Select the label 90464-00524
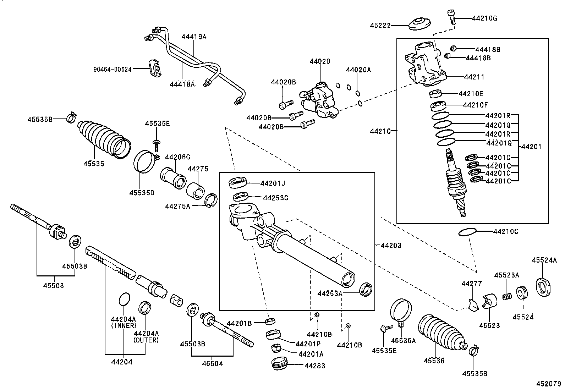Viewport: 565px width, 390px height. (x=113, y=70)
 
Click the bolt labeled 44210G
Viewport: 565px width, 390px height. (x=451, y=17)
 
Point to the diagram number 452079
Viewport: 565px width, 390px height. (x=548, y=384)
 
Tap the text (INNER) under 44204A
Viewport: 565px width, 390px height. (x=123, y=325)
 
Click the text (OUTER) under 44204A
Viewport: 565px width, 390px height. (x=146, y=340)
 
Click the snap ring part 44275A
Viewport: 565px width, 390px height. (x=212, y=200)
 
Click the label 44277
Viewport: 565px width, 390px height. (x=472, y=284)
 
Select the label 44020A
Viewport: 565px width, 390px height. (x=358, y=70)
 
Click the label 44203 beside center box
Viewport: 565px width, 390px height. (x=391, y=245)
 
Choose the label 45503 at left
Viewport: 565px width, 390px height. (x=54, y=285)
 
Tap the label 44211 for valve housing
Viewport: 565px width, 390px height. (x=474, y=77)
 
